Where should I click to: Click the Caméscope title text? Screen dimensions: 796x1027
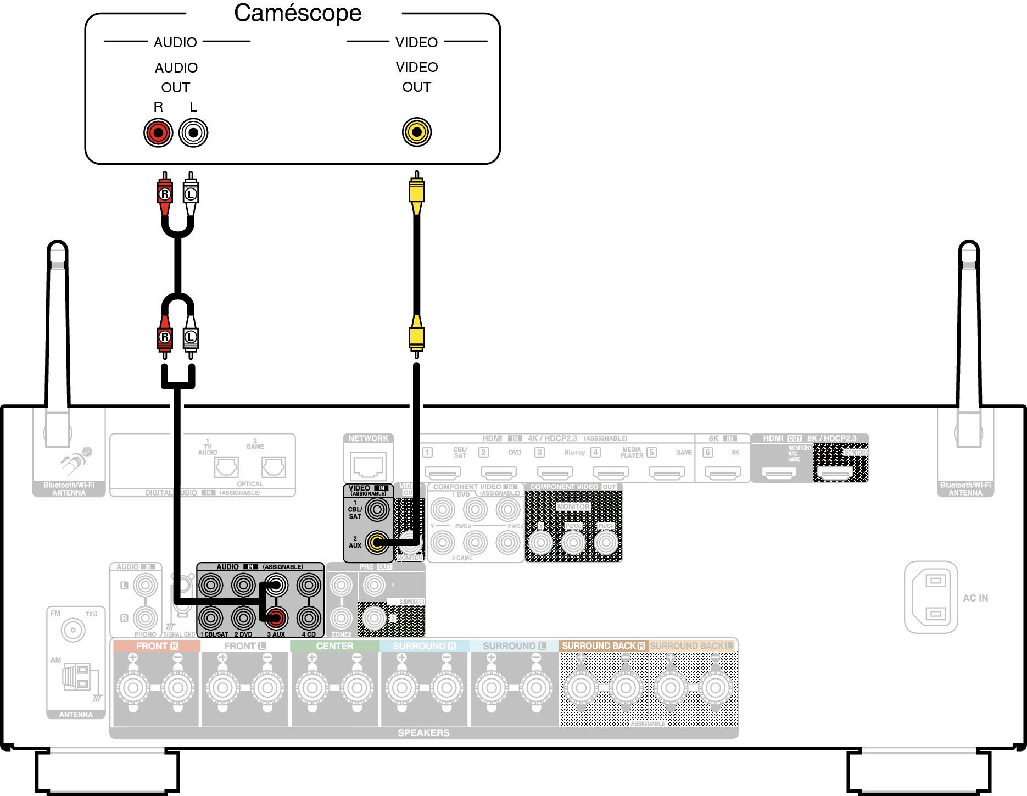tap(298, 13)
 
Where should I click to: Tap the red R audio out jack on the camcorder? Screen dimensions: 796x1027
tap(158, 132)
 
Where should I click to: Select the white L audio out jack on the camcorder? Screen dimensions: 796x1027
tap(193, 132)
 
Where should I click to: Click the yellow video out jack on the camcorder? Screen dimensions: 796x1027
tap(417, 132)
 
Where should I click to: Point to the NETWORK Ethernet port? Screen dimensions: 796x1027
tap(369, 466)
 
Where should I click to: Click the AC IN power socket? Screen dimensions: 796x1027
tap(931, 597)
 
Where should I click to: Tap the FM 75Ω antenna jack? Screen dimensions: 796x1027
tap(73, 630)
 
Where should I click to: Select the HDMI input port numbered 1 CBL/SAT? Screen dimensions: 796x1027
tap(443, 472)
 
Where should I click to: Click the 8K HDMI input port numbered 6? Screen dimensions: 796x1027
tap(723, 472)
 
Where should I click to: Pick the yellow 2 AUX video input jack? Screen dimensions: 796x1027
tap(377, 543)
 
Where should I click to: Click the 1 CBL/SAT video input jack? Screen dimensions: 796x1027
tap(377, 510)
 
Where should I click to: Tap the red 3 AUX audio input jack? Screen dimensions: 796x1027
tap(276, 618)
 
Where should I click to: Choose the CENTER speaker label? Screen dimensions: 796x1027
tap(334, 646)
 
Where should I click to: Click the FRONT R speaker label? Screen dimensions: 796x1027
tap(157, 646)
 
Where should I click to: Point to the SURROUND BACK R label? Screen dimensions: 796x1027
tap(603, 646)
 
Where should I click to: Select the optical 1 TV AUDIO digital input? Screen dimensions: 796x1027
tap(226, 467)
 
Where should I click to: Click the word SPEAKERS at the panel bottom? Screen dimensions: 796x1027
tap(423, 733)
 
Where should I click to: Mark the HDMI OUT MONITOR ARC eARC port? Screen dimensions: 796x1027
tap(779, 472)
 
